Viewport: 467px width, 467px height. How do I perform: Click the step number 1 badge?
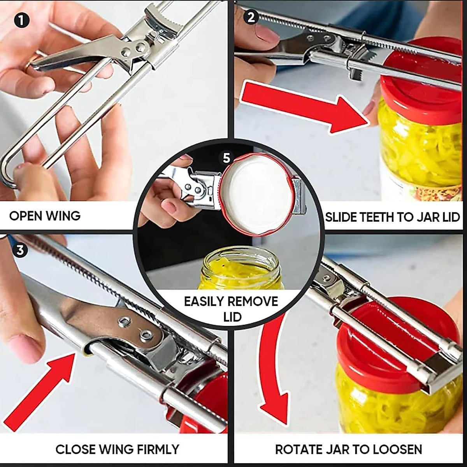(21, 19)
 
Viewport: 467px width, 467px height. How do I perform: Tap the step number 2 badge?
(251, 17)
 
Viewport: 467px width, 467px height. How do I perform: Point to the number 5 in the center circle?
(227, 158)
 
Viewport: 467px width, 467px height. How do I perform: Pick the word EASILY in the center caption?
(204, 302)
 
